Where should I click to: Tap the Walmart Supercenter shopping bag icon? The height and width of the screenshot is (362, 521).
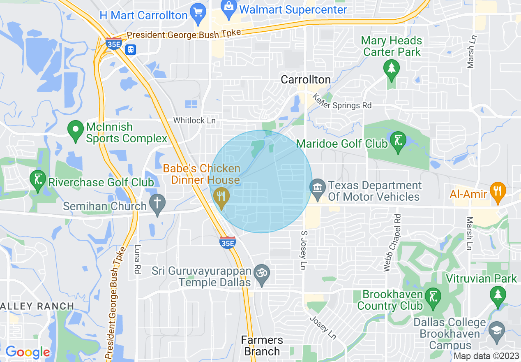(x=227, y=6)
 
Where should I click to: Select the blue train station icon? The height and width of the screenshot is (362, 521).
(x=131, y=49)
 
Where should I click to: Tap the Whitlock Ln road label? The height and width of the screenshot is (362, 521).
(x=194, y=121)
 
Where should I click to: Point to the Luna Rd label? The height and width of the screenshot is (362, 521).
(x=137, y=260)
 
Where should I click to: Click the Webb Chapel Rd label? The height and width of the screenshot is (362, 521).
(x=392, y=243)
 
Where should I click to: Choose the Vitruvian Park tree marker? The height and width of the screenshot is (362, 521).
(x=498, y=295)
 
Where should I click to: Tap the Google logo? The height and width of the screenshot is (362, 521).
(x=28, y=352)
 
